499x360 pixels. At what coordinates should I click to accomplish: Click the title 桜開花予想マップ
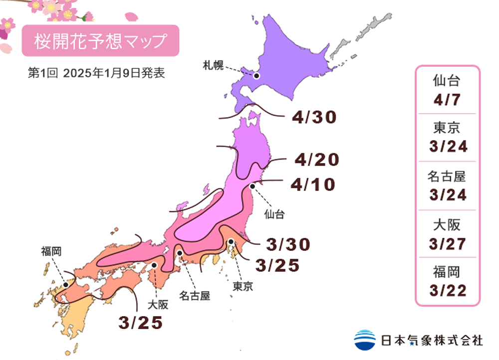(100, 41)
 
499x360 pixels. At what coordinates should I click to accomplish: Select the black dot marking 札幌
(256, 76)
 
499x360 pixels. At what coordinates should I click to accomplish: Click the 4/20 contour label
(316, 160)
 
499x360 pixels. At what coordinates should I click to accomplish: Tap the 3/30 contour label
(288, 244)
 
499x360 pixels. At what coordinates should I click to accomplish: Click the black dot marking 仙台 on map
(252, 186)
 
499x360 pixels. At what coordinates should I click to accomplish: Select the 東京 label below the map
(243, 286)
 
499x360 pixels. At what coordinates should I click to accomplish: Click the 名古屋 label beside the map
(195, 296)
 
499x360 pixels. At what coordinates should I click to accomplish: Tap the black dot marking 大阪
(155, 265)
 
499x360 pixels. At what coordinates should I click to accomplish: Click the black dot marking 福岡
(65, 284)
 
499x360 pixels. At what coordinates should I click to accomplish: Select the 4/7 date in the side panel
(447, 100)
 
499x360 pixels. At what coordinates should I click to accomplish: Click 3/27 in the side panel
(447, 244)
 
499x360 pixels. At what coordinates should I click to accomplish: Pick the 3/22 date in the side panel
(447, 291)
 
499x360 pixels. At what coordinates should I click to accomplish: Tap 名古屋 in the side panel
(447, 176)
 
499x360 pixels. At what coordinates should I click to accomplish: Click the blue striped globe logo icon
(365, 340)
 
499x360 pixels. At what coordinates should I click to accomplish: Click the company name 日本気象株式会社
(432, 340)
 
